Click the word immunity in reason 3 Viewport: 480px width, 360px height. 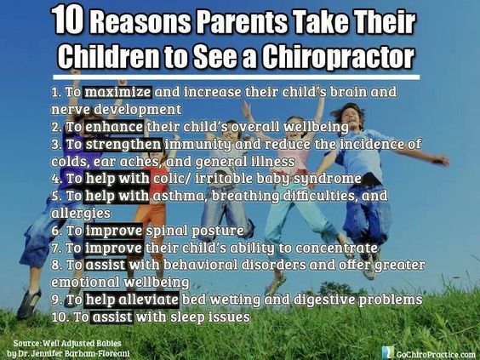[x=198, y=144]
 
